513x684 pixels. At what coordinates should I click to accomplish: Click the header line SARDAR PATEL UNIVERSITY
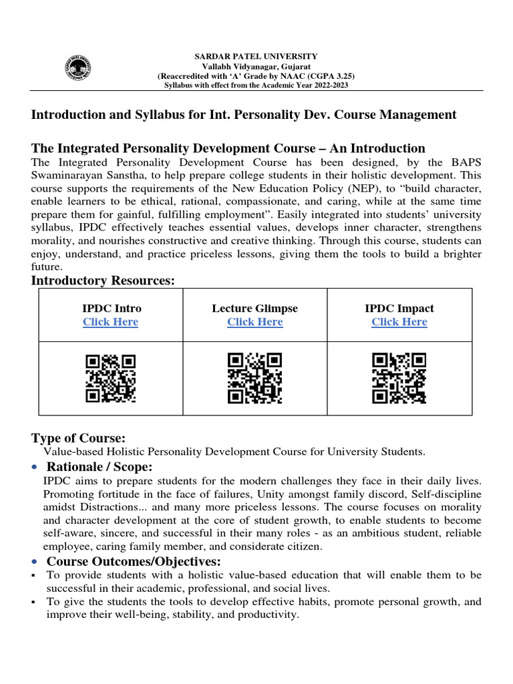(x=256, y=57)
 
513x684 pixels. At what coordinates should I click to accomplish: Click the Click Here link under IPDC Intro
(x=110, y=322)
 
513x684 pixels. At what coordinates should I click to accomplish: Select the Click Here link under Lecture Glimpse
(x=254, y=322)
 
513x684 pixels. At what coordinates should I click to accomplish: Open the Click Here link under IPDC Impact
(x=399, y=322)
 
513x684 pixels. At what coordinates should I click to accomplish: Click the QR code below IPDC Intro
(x=111, y=378)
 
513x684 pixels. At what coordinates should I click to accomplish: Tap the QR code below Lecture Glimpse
(x=254, y=378)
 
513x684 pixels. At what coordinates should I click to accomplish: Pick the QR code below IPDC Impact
(x=399, y=378)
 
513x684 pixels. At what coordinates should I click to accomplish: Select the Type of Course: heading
(x=78, y=438)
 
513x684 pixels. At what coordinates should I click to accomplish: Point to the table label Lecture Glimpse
(x=254, y=308)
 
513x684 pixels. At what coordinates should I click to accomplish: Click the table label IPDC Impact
(x=399, y=308)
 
